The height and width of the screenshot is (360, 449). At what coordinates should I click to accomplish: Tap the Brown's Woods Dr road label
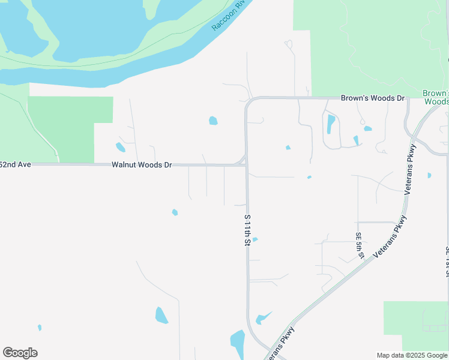[x=373, y=98]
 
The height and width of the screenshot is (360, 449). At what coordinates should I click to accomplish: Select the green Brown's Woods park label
[x=435, y=97]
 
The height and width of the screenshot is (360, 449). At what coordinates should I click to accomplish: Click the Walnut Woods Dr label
[x=142, y=164]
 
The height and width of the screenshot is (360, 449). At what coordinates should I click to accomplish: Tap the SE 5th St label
[x=359, y=245]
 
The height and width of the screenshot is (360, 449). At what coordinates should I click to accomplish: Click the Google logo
[x=20, y=353]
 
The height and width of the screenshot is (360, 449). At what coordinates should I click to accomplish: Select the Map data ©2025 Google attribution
[x=411, y=355]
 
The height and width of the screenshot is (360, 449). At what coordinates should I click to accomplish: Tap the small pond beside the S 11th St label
[x=255, y=240]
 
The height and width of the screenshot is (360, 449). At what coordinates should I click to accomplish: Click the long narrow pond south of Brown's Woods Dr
[x=331, y=124]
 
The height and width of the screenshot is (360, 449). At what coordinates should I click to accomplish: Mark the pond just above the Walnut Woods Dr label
[x=121, y=147]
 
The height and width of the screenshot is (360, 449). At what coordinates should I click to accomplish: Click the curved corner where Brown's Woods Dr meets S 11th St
[x=249, y=102]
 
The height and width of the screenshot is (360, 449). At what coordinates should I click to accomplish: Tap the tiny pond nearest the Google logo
[x=40, y=328]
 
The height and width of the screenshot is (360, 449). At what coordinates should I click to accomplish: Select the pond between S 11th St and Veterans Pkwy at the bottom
[x=262, y=319]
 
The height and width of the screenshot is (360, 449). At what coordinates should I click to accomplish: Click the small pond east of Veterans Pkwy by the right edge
[x=429, y=175]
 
